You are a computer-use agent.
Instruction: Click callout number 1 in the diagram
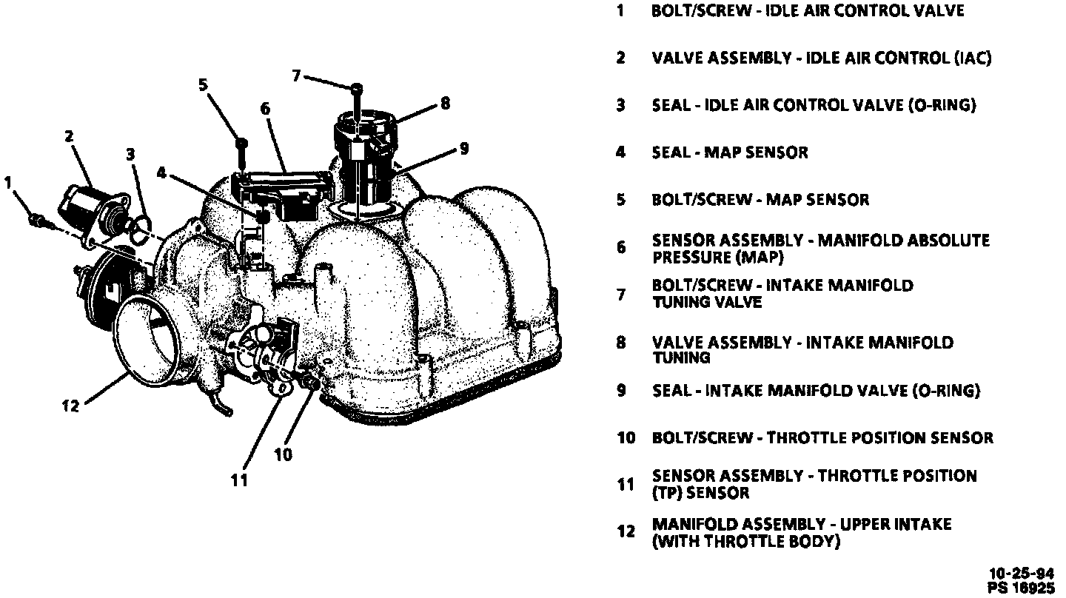click(x=10, y=181)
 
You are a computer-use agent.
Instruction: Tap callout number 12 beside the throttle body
click(x=70, y=406)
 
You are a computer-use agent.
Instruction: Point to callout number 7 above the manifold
click(x=297, y=75)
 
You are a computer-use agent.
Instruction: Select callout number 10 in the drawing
click(x=284, y=454)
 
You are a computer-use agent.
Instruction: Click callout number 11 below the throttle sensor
click(x=238, y=480)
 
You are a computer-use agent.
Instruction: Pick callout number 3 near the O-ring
click(x=130, y=154)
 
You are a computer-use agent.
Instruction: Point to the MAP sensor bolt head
click(x=241, y=143)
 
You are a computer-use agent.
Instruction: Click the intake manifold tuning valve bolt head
click(x=357, y=88)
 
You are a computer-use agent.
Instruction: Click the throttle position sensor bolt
click(x=309, y=383)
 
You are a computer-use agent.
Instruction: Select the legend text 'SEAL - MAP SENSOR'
click(x=730, y=152)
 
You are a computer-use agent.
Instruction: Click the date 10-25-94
click(x=1022, y=574)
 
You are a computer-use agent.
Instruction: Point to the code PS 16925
click(x=1022, y=588)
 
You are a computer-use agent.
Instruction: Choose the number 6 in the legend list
click(x=621, y=248)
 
